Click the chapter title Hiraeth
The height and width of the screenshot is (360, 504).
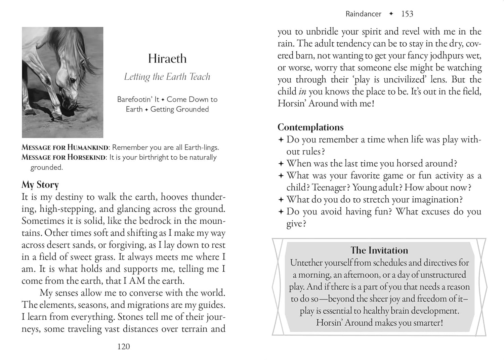[167, 59]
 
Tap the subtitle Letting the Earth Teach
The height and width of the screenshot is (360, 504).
[167, 77]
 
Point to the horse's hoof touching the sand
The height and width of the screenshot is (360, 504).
[57, 116]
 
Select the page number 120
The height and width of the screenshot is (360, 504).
[123, 347]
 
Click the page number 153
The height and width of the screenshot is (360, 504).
[407, 14]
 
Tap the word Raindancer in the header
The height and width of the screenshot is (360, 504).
[363, 14]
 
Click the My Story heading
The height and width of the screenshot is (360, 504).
[40, 185]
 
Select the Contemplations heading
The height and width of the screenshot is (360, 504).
[310, 127]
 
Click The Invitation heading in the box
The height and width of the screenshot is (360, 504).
[379, 250]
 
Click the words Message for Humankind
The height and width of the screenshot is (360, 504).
[65, 147]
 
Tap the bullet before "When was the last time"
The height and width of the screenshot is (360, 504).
[281, 164]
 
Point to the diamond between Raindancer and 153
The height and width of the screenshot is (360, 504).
[391, 14]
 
